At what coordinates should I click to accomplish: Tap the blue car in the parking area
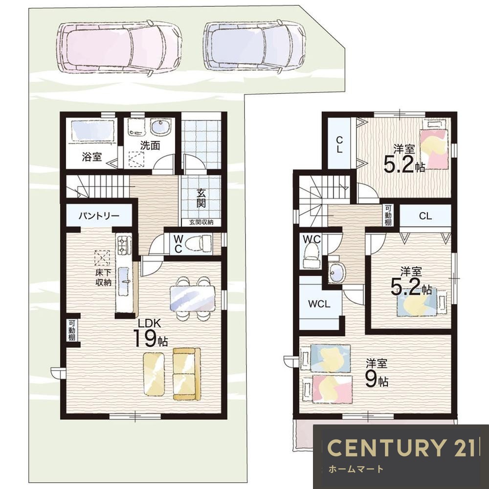pyautogui.click(x=254, y=47)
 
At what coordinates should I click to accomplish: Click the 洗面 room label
pyautogui.click(x=150, y=145)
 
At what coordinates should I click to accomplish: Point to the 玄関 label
pyautogui.click(x=201, y=199)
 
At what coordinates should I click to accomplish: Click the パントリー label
pyautogui.click(x=99, y=216)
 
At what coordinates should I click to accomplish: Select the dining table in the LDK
pyautogui.click(x=192, y=298)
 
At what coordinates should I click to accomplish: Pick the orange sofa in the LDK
pyautogui.click(x=186, y=374)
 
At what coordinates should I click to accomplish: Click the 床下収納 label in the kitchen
pyautogui.click(x=104, y=278)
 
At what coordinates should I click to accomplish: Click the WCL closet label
pyautogui.click(x=319, y=304)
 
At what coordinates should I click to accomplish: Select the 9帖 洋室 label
pyautogui.click(x=377, y=373)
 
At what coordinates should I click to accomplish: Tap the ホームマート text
pyautogui.click(x=356, y=469)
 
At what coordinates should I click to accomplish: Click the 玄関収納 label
pyautogui.click(x=201, y=222)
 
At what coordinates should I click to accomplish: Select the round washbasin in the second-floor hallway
pyautogui.click(x=336, y=272)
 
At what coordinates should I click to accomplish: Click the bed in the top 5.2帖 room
pyautogui.click(x=434, y=145)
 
